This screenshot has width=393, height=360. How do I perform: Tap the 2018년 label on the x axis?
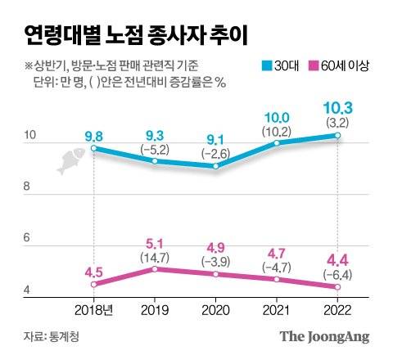95,309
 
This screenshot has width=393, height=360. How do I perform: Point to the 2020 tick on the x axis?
215,309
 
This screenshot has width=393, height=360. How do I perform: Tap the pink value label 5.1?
156,242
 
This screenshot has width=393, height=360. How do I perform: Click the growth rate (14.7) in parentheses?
156,257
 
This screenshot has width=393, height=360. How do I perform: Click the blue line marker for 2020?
215,166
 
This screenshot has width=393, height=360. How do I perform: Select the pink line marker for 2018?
95,285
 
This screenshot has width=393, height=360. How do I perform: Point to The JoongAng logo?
325,336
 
